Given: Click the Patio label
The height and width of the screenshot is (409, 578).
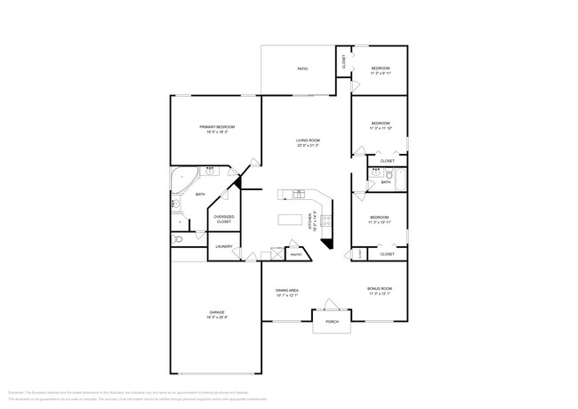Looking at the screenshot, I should coord(301,68).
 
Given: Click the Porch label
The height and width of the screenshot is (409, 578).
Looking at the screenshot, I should coord(332,322).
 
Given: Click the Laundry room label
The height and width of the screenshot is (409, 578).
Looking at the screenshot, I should coord(224,246).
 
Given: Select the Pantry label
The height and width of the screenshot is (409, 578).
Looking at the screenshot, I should coord(295,254).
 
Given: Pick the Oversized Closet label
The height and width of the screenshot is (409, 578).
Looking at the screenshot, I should coord(224,219).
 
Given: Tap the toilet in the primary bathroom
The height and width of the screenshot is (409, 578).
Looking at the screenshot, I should coord(178,239).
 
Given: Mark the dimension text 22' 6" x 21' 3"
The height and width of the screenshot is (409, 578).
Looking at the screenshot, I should coord(308,145).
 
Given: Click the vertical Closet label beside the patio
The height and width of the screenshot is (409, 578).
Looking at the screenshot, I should coord(344,61).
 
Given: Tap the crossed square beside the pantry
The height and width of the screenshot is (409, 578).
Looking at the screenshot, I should coord(277,254).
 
